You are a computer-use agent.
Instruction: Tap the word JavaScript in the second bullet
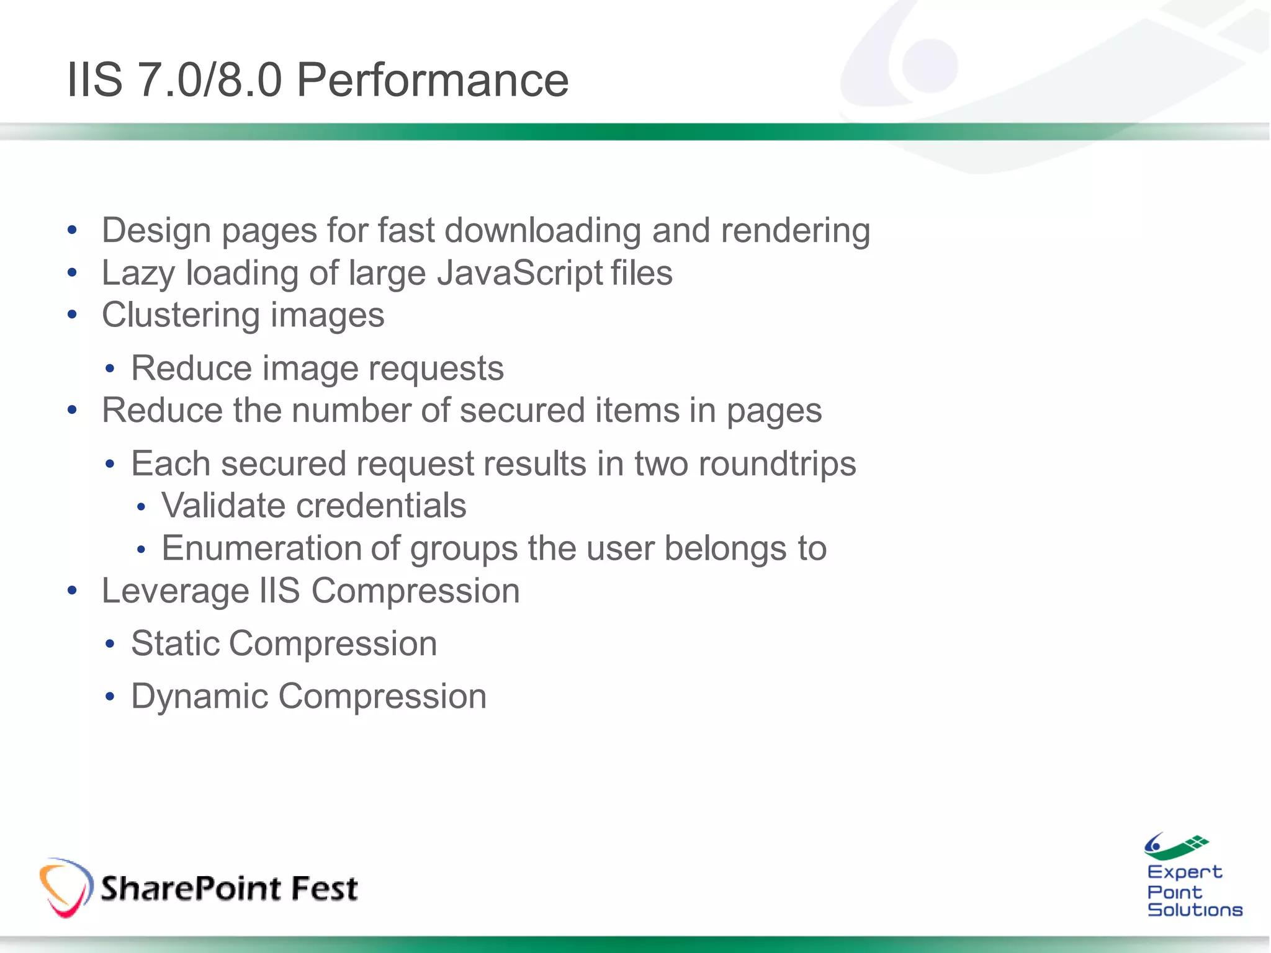point(520,273)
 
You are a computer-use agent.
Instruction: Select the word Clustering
point(181,315)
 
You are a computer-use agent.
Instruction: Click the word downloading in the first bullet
point(542,231)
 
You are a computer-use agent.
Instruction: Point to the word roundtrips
point(777,464)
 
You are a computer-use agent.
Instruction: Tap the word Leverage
point(174,591)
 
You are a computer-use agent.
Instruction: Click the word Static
point(175,643)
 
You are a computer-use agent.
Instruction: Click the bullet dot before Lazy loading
point(73,273)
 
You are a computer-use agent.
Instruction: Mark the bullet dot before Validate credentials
point(141,508)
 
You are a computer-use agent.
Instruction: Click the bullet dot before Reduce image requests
point(110,369)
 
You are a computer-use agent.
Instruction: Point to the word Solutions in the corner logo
point(1195,910)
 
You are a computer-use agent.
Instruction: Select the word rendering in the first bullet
point(795,231)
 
